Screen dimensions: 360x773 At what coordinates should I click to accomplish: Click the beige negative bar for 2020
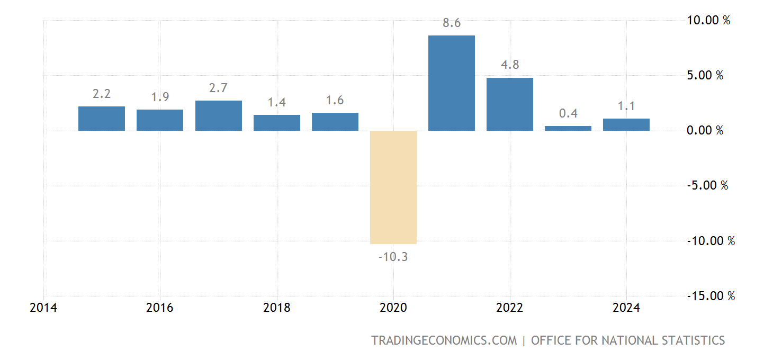[393, 187]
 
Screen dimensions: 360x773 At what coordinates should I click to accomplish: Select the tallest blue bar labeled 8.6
[452, 83]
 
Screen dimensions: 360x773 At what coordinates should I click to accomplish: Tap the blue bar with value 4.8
[510, 104]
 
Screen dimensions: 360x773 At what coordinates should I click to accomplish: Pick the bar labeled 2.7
[219, 115]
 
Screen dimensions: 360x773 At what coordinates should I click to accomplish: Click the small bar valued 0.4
[568, 128]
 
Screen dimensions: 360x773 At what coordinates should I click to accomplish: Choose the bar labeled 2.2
[102, 118]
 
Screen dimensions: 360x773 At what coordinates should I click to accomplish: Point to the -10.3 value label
[393, 257]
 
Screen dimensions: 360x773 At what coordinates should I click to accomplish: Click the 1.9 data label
[160, 97]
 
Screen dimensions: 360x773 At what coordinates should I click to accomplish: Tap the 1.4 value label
[276, 103]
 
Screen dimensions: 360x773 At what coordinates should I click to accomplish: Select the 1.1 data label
[626, 106]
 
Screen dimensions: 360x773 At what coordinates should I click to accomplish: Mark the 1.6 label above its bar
[335, 101]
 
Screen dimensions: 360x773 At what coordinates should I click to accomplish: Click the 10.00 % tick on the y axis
[708, 21]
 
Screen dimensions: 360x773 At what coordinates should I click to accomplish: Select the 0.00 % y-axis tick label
[705, 131]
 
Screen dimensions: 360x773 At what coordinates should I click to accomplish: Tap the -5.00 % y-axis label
[707, 186]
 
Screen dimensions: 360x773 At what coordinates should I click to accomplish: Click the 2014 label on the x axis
[43, 308]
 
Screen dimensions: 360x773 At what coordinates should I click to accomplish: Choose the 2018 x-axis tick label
[276, 308]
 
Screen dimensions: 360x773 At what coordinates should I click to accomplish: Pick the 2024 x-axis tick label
[626, 308]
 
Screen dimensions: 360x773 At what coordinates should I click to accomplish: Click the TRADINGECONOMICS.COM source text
[444, 340]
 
